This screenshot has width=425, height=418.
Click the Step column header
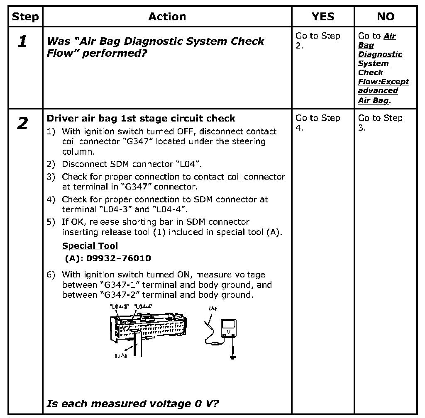[x=25, y=17]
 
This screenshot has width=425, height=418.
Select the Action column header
[x=167, y=17]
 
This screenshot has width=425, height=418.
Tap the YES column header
[x=323, y=17]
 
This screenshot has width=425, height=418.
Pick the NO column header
[x=386, y=17]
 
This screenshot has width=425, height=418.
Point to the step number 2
[x=23, y=124]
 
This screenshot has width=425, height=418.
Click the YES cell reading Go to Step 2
[x=318, y=40]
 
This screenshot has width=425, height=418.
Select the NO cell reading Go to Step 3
[x=380, y=122]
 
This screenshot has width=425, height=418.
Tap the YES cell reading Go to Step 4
[x=318, y=122]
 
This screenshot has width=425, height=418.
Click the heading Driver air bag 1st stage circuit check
[x=141, y=119]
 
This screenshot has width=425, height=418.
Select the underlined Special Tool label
[x=90, y=246]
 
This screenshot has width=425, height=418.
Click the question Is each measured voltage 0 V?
[x=133, y=403]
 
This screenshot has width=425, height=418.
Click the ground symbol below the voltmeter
[x=232, y=357]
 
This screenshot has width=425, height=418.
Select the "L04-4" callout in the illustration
[x=144, y=306]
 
